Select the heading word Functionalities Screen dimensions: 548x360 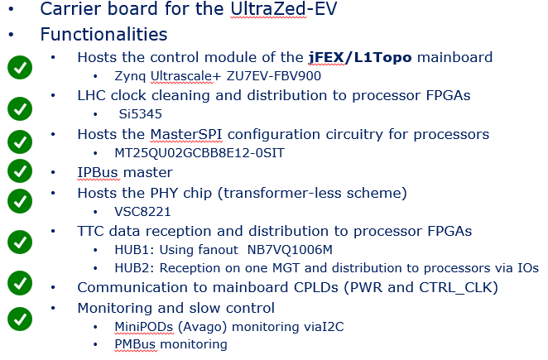pyautogui.click(x=103, y=34)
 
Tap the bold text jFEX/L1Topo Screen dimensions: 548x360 pyautogui.click(x=360, y=58)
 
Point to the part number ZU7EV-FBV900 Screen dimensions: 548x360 pyautogui.click(x=274, y=76)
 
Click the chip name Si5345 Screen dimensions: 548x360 pyautogui.click(x=141, y=114)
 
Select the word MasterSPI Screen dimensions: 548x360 pyautogui.click(x=186, y=134)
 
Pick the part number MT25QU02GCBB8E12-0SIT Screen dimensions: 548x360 pyautogui.click(x=199, y=153)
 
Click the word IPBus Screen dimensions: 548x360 pyautogui.click(x=98, y=172)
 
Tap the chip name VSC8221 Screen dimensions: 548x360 pyautogui.click(x=142, y=212)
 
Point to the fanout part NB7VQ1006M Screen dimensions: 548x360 pyautogui.click(x=290, y=250)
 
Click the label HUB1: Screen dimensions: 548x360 pyautogui.click(x=135, y=250)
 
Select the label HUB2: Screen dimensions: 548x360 pyautogui.click(x=135, y=268)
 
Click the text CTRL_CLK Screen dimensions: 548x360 pyautogui.click(x=454, y=287)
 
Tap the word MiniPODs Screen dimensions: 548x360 pyautogui.click(x=144, y=326)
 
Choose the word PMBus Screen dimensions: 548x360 pyautogui.click(x=135, y=344)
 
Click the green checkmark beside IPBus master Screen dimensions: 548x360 pyautogui.click(x=20, y=171)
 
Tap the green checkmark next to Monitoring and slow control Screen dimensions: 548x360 pyautogui.click(x=20, y=319)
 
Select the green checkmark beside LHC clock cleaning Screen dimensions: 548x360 pyautogui.click(x=20, y=108)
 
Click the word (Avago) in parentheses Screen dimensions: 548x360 pyautogui.click(x=202, y=327)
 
